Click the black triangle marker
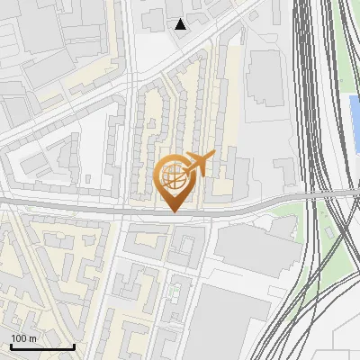[181, 24]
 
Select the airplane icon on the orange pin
[199, 165]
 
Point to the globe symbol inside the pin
[175, 177]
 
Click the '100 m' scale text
[23, 338]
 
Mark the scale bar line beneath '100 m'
[41, 347]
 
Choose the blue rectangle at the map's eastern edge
[355, 121]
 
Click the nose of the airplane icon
[214, 155]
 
